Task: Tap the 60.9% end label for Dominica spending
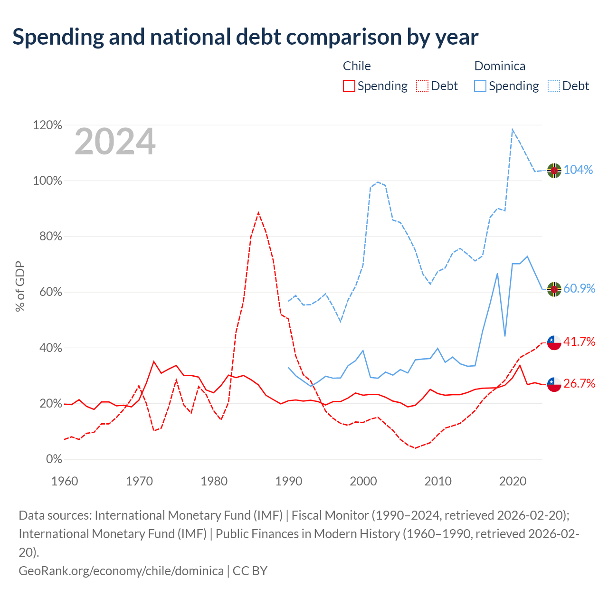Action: (579, 288)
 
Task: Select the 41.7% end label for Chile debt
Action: (579, 342)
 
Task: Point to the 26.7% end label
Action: (579, 383)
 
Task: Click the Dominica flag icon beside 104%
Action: (554, 171)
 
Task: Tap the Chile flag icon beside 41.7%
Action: (554, 342)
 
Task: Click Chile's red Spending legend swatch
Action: (349, 86)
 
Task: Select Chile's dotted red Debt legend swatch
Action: (422, 86)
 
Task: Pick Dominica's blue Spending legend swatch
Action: (480, 86)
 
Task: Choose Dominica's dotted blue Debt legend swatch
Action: (553, 86)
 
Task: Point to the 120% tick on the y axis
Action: (47, 125)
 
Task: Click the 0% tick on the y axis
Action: (54, 459)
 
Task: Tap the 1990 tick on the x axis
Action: (288, 482)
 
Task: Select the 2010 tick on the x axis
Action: (437, 482)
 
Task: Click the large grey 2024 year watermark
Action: (115, 142)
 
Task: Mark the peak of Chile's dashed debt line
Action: (258, 213)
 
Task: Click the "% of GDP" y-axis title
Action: (20, 286)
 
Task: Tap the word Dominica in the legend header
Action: (500, 66)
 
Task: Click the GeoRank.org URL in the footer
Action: (121, 571)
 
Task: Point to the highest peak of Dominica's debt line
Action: (513, 129)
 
